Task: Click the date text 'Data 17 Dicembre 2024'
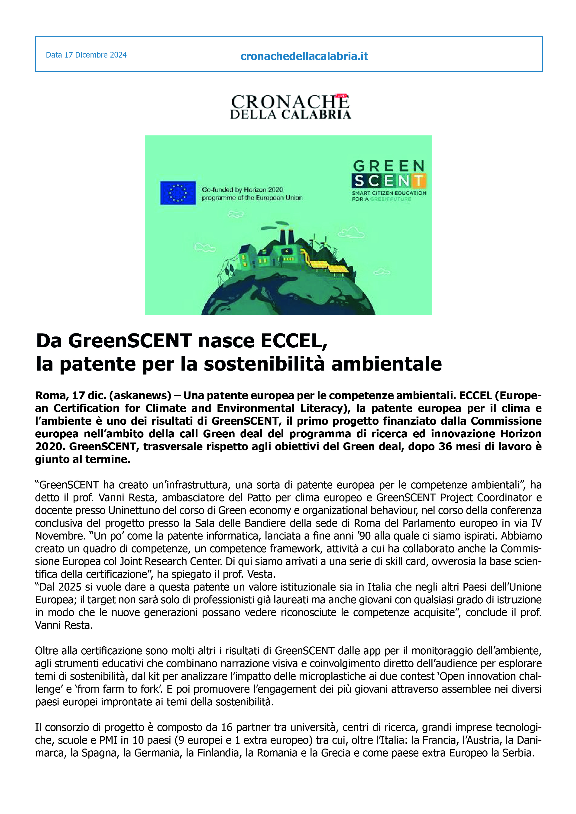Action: [86, 55]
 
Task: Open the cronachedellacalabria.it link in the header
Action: [304, 56]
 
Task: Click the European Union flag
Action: [178, 193]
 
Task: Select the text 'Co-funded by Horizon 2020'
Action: [243, 190]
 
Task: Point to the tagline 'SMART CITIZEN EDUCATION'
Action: [389, 193]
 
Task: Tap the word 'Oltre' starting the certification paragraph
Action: [46, 651]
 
